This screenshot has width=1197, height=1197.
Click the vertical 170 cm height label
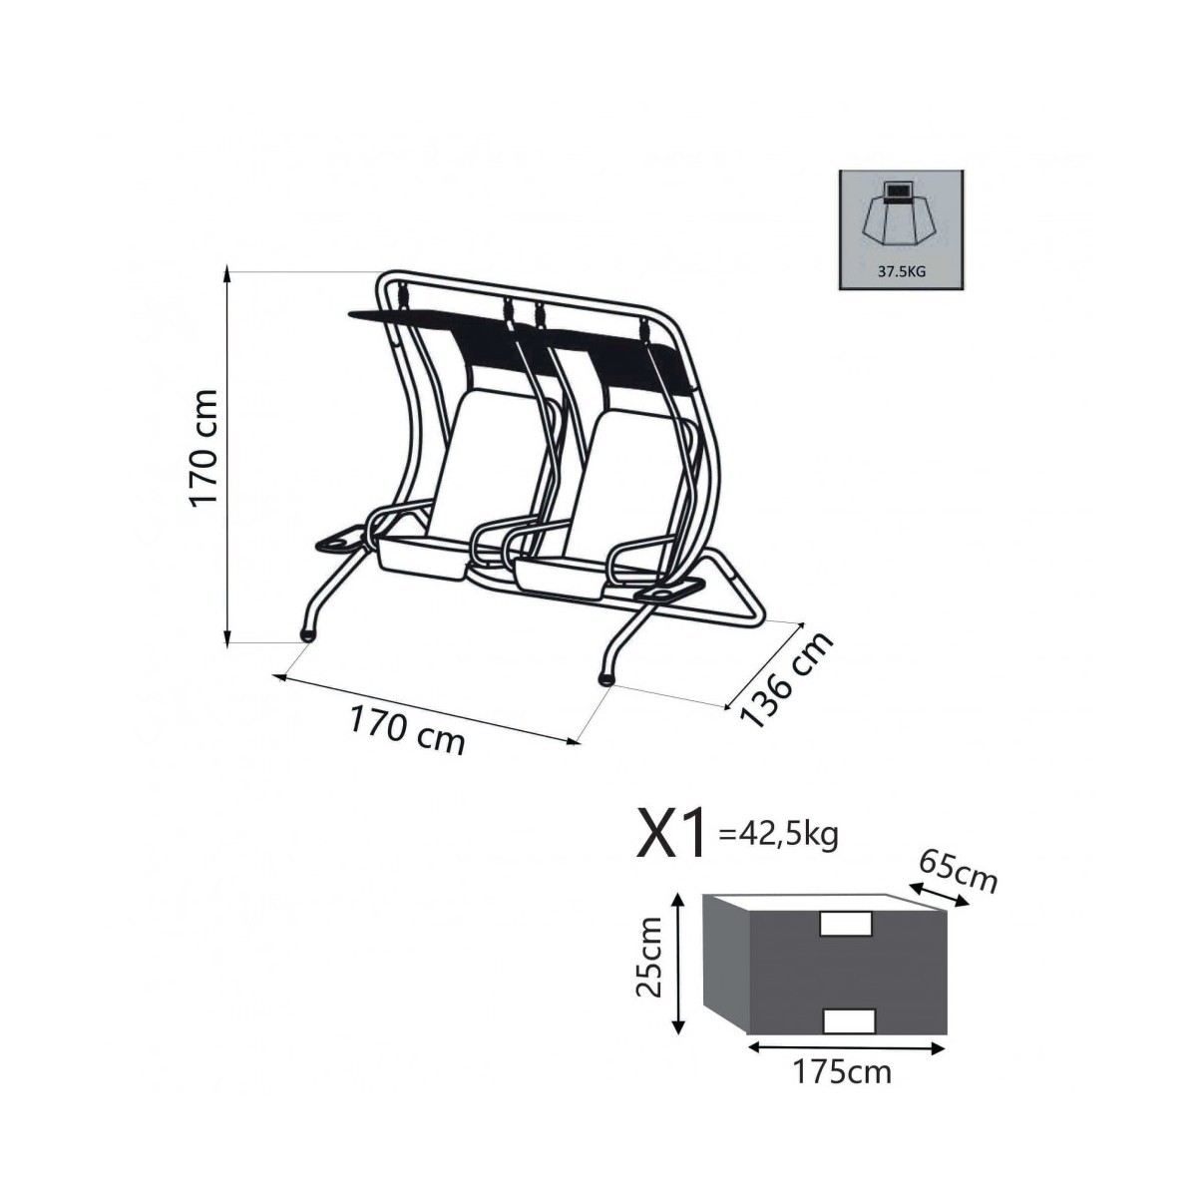pos(204,449)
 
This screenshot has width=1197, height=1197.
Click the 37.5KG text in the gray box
pos(902,271)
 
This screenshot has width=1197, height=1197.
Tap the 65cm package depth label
pos(958,872)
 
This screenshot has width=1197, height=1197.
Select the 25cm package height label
pos(649,964)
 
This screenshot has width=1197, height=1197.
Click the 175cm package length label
pos(842,1072)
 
